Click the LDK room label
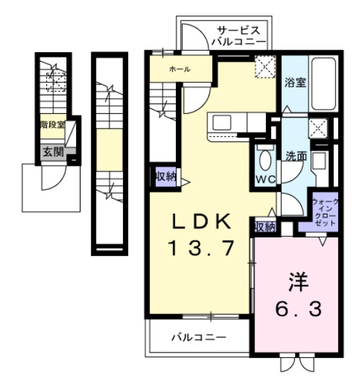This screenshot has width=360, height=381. pyautogui.click(x=202, y=221)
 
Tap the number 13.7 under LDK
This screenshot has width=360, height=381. pyautogui.click(x=202, y=248)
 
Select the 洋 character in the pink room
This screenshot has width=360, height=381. pyautogui.click(x=299, y=283)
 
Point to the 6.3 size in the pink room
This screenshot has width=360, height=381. pyautogui.click(x=299, y=308)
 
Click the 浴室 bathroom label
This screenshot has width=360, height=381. pyautogui.click(x=295, y=83)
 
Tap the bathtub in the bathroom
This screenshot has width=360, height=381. pyautogui.click(x=323, y=84)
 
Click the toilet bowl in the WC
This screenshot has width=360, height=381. pyautogui.click(x=265, y=159)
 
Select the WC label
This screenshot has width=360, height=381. pyautogui.click(x=266, y=180)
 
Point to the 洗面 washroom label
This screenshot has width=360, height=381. pyautogui.click(x=296, y=156)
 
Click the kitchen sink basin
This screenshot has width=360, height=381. pyautogui.click(x=222, y=122)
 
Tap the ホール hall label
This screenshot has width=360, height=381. pyautogui.click(x=180, y=70)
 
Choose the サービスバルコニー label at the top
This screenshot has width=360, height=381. pyautogui.click(x=238, y=36)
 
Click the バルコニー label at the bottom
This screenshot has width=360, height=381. pyautogui.click(x=199, y=337)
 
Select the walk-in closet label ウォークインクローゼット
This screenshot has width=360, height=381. pyautogui.click(x=325, y=212)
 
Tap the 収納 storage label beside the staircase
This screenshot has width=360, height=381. pyautogui.click(x=166, y=176)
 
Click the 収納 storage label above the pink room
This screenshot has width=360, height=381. pyautogui.click(x=265, y=227)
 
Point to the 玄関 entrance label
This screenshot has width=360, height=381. pyautogui.click(x=53, y=152)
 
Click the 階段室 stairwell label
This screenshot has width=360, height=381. pyautogui.click(x=53, y=125)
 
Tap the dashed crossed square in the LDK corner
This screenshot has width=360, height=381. pyautogui.click(x=265, y=66)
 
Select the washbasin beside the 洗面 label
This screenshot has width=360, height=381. pyautogui.click(x=318, y=161)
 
